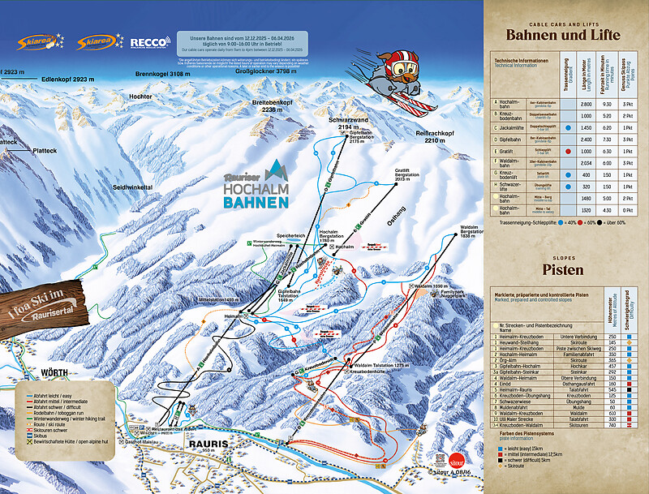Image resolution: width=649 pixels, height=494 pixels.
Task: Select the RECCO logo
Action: coord(149,41)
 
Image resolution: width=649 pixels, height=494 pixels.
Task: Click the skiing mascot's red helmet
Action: coord(403,61)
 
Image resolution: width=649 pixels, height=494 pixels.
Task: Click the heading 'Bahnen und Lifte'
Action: coord(562,35)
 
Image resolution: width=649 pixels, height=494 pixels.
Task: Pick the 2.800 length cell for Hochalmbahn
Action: coord(586,104)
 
